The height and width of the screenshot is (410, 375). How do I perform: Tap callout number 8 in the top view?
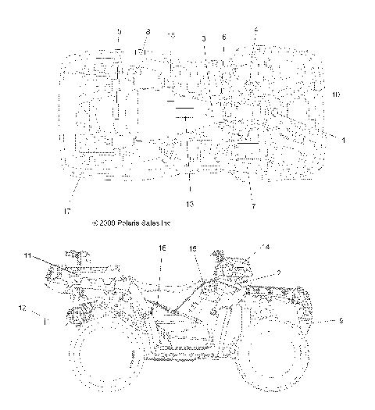click(x=148, y=31)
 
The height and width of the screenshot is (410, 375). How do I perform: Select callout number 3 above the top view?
click(x=204, y=37)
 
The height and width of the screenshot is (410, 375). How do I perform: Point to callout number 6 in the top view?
click(x=224, y=37)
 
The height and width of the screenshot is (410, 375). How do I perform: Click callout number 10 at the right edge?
click(x=336, y=94)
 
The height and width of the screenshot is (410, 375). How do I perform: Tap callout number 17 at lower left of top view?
click(x=68, y=211)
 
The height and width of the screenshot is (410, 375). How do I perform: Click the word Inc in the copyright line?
click(x=165, y=223)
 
